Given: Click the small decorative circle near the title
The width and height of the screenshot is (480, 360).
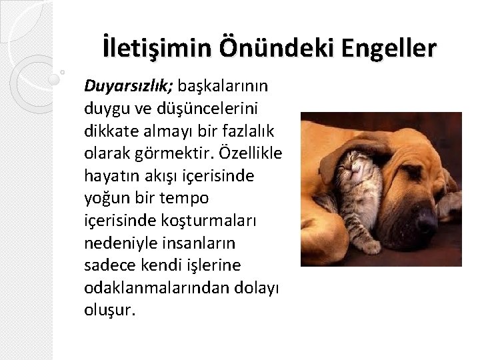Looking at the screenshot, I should [x=62, y=71].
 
